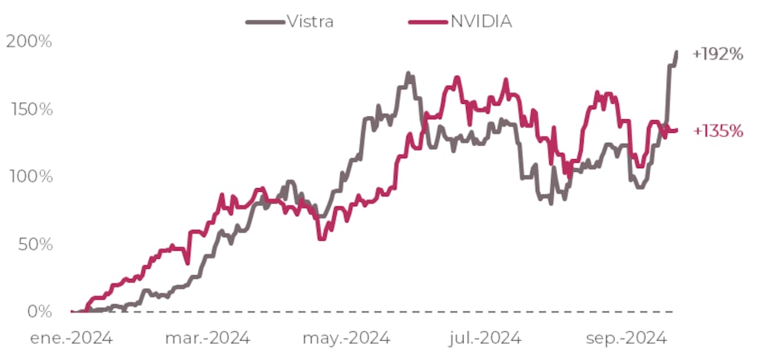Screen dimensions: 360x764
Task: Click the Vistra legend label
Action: (x=310, y=21)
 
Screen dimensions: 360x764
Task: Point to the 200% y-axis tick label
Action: (x=30, y=41)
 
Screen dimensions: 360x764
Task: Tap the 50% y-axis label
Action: (x=34, y=245)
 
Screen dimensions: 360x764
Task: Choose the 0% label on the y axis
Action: (x=39, y=312)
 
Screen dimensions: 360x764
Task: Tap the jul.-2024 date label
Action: (x=486, y=338)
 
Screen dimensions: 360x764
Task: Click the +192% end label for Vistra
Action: (x=717, y=54)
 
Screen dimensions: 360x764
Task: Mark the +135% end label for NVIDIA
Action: (x=717, y=131)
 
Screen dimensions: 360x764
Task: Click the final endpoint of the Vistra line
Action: (x=676, y=52)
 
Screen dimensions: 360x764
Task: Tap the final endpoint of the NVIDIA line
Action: (x=676, y=131)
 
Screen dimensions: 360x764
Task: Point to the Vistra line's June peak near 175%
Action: (x=408, y=74)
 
